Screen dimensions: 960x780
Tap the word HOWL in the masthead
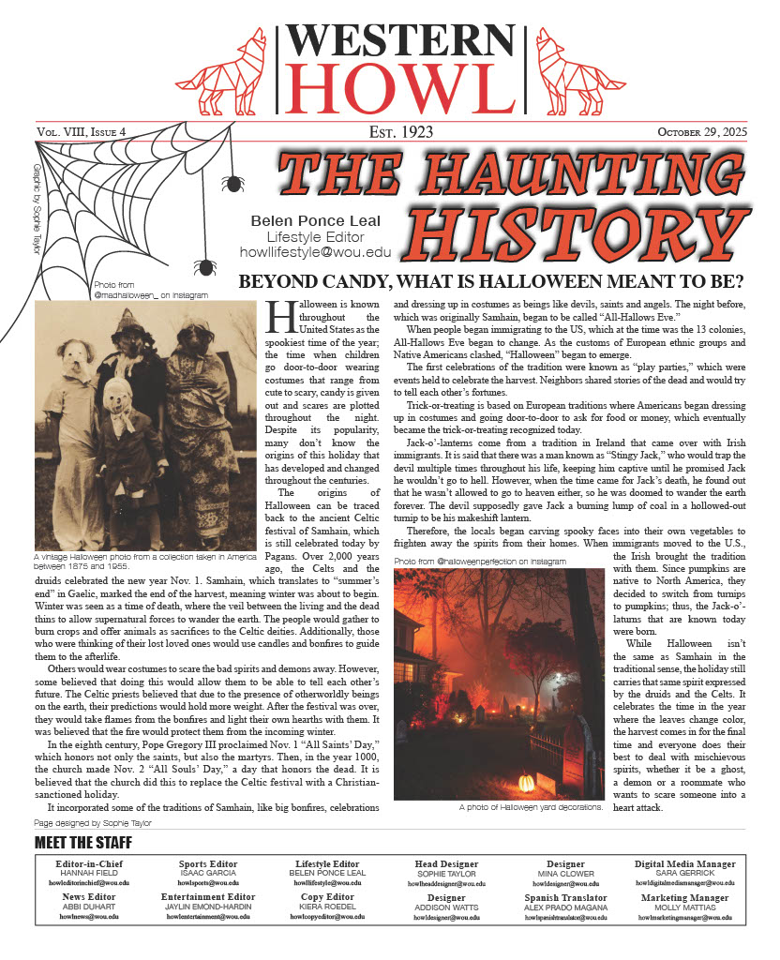click(x=396, y=87)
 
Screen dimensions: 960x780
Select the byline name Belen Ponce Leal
click(x=313, y=220)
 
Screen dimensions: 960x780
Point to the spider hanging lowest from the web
click(x=203, y=267)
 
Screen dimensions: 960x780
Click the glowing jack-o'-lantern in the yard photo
click(x=526, y=782)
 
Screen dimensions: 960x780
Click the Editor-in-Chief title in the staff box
click(x=84, y=863)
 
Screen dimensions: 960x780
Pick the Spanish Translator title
click(x=566, y=897)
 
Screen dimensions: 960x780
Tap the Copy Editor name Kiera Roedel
click(x=327, y=907)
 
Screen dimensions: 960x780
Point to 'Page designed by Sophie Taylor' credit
click(x=92, y=822)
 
